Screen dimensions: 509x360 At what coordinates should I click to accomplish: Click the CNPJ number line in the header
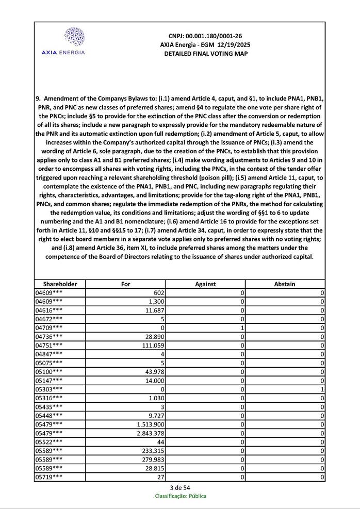coord(205,36)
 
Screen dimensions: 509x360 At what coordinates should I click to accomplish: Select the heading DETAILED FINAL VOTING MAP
coord(205,54)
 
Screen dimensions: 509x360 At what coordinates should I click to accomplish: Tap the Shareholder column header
coord(60,284)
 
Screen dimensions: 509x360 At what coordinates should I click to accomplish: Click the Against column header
coord(205,284)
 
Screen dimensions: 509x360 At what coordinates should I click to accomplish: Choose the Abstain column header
coord(285,284)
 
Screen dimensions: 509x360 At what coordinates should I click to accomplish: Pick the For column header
coord(125,284)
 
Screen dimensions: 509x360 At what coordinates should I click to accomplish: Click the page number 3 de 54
coord(180,488)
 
